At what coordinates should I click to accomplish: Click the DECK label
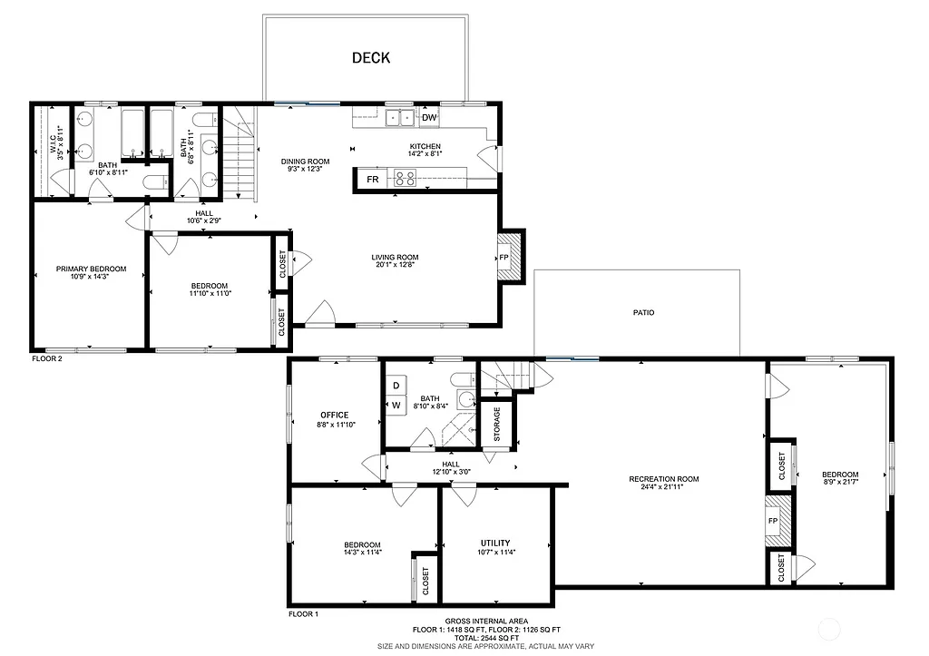370,58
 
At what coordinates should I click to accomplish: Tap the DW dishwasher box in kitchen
429,118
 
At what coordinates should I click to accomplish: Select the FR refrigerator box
373,180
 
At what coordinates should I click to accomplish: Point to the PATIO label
643,312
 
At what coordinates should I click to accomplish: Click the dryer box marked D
396,385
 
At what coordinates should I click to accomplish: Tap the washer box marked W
396,405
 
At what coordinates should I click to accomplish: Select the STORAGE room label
496,424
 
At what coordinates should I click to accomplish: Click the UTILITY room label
495,543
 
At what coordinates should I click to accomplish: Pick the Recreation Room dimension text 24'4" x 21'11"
664,487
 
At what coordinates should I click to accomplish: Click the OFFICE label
334,416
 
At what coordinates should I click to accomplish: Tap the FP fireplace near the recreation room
773,521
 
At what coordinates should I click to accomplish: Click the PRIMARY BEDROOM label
91,269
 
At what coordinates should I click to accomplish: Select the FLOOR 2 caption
47,358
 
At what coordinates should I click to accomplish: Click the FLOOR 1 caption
304,614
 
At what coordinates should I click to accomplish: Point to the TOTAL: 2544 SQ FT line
486,638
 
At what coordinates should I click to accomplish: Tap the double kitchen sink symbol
401,118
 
